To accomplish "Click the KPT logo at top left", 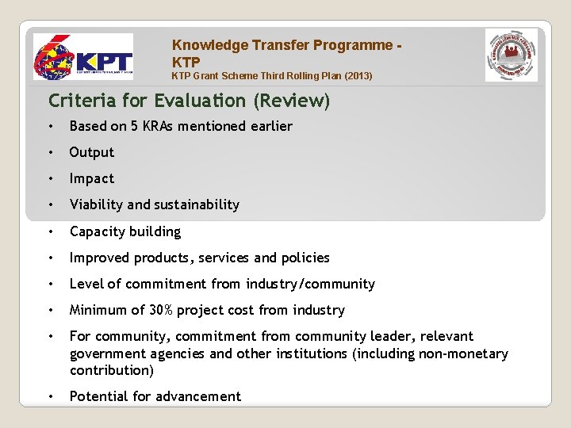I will point(82,59).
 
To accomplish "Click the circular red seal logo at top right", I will point(512,55).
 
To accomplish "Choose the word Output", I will point(92,152).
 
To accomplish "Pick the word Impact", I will point(92,178).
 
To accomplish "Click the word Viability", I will point(97,204).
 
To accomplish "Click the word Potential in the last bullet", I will point(98,396).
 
